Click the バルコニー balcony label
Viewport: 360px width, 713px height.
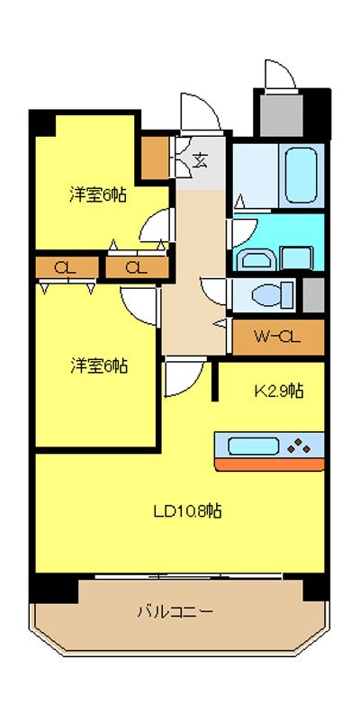pos(175,611)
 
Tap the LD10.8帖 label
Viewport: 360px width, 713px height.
pos(187,511)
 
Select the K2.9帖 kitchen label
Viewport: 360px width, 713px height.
pos(279,391)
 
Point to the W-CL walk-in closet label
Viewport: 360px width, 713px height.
pos(276,337)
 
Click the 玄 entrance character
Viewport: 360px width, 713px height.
pos(200,159)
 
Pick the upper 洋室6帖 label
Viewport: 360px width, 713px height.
pos(98,195)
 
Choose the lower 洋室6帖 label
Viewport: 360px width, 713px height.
pos(99,366)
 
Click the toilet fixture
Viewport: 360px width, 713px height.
pos(273,295)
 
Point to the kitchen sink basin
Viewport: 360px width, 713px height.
pos(253,447)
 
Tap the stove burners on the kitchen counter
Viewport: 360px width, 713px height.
pos(299,446)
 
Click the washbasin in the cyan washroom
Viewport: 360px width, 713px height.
pos(256,259)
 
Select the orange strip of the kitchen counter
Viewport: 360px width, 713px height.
pos(269,465)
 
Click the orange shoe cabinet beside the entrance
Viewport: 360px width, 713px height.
pos(155,158)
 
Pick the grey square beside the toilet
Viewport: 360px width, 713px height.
pos(313,294)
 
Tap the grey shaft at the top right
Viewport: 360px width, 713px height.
pos(282,115)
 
